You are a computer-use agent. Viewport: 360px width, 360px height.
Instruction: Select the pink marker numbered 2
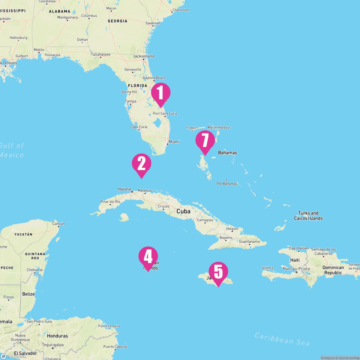(x=141, y=164)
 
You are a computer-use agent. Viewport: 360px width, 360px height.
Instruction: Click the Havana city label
(x=124, y=189)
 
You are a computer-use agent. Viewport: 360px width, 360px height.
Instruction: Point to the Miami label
(x=174, y=142)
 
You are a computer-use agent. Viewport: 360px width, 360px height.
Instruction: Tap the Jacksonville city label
(x=144, y=56)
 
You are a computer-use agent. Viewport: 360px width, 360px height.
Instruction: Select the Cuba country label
(x=183, y=211)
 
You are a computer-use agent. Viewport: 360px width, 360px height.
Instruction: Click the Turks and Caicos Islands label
(x=308, y=216)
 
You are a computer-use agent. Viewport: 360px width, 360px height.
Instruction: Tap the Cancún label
(x=58, y=223)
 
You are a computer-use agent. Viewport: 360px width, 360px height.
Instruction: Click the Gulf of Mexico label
(x=11, y=150)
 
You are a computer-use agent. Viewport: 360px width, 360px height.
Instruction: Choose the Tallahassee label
(x=100, y=54)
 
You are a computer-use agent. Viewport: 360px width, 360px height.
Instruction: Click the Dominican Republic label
(x=333, y=270)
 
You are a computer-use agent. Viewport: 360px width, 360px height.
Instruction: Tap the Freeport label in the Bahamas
(x=192, y=128)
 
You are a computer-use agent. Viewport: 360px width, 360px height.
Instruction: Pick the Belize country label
(x=28, y=294)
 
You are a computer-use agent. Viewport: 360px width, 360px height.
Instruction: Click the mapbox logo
(x=13, y=356)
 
